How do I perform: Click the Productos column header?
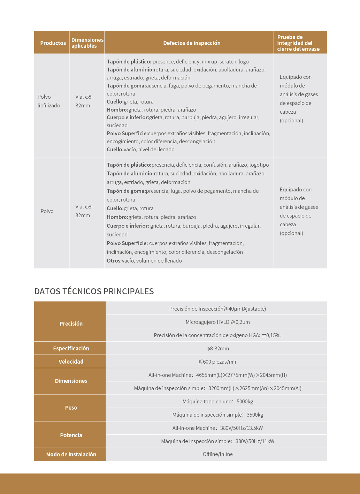pos(53,43)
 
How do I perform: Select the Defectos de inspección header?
pos(192,43)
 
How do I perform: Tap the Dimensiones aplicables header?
pos(87,43)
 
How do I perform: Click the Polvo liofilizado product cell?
pos(49,101)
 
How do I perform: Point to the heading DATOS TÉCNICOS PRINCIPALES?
pos(94,291)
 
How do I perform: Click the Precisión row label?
pos(71,324)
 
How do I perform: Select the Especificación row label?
pos(71,348)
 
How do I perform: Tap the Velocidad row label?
pos(71,362)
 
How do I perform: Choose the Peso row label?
pos(71,408)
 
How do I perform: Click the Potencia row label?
pos(71,435)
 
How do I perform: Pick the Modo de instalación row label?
pos(71,454)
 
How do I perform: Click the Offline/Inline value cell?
pos(217,454)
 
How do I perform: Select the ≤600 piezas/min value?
pos(217,362)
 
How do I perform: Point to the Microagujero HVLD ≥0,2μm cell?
pos(217,322)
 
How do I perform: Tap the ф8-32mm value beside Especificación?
pos(217,348)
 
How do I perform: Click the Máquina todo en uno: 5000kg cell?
pos(217,401)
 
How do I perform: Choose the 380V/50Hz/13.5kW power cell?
pos(217,428)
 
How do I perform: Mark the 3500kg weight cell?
pos(217,415)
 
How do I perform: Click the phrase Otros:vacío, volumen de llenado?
pos(144,260)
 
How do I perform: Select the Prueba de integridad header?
pos(298,43)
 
